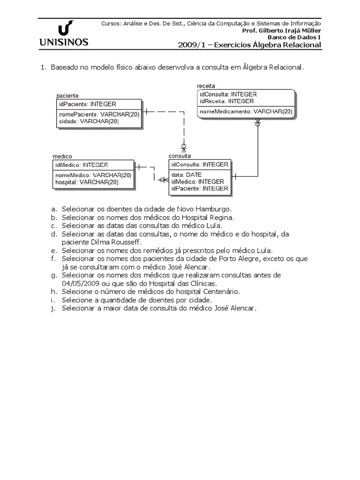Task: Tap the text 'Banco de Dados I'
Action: click(x=294, y=37)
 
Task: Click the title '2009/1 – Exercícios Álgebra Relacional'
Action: click(x=249, y=45)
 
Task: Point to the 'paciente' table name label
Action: click(x=67, y=96)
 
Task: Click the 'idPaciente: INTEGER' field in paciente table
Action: click(x=87, y=104)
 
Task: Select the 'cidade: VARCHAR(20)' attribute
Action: click(x=89, y=121)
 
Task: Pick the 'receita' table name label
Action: click(x=207, y=86)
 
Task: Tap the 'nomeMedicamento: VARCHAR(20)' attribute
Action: click(x=246, y=112)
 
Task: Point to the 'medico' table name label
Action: click(x=62, y=156)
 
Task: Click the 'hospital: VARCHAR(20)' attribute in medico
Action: click(x=87, y=182)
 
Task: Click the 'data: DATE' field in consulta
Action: click(x=186, y=174)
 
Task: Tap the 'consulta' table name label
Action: click(x=180, y=156)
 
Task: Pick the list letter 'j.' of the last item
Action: click(x=54, y=308)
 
